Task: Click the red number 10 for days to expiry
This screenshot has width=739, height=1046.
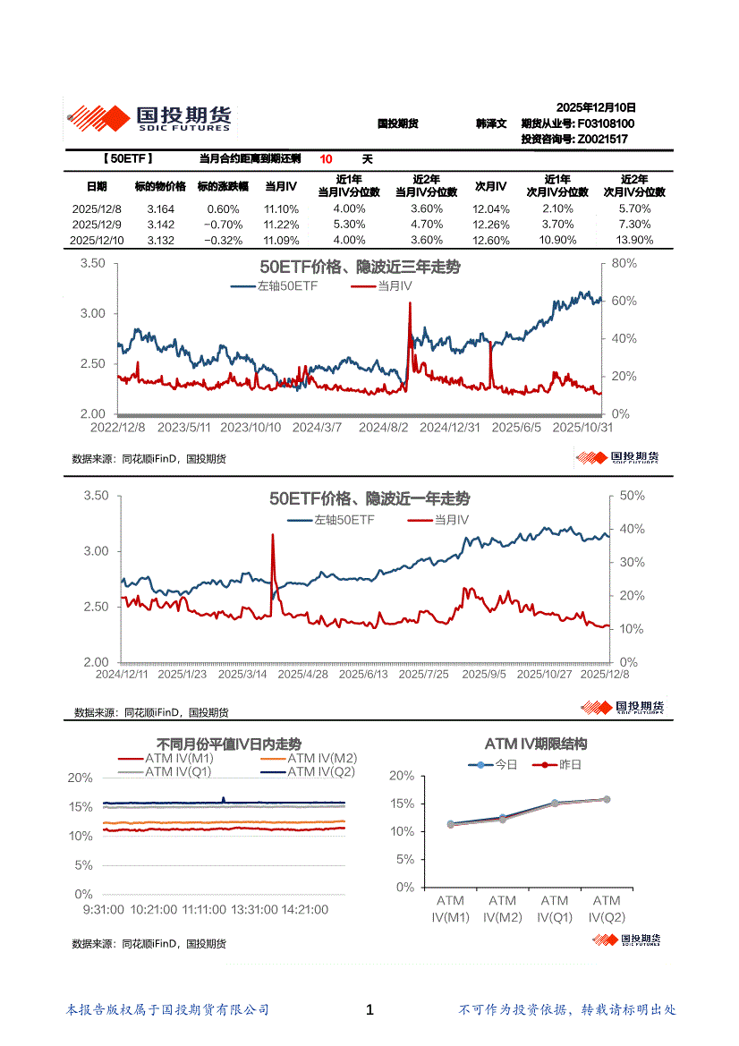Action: tap(327, 159)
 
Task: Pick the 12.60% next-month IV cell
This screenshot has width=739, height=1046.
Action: tap(490, 241)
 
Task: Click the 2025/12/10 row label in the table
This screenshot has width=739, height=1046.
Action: tap(98, 241)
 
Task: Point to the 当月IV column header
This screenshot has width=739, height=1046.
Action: tap(281, 186)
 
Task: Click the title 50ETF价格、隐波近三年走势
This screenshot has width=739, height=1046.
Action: tap(360, 268)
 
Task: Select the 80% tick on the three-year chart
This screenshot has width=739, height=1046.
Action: tap(624, 264)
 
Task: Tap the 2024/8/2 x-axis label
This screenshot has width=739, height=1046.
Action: tap(383, 428)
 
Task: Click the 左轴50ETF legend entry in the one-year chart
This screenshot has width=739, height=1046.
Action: tap(344, 519)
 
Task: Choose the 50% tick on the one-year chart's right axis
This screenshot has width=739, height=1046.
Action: tap(633, 496)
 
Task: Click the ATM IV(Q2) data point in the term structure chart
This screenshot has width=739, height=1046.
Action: tap(607, 799)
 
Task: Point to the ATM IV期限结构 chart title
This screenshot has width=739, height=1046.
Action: tap(536, 744)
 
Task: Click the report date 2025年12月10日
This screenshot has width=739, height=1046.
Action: tap(595, 106)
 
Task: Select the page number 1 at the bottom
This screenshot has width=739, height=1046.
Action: tap(369, 1010)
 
